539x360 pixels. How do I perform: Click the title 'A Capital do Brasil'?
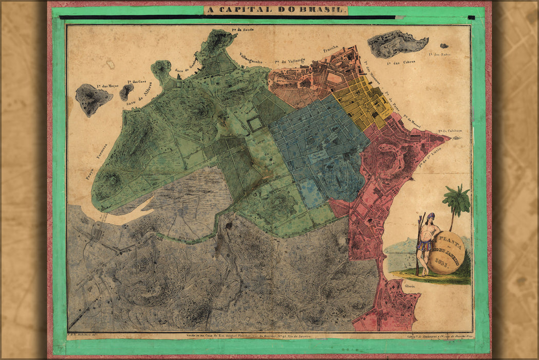pyautogui.click(x=276, y=10)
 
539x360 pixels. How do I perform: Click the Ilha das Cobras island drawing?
pyautogui.click(x=396, y=43)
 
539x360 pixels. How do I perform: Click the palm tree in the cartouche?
pyautogui.click(x=456, y=203)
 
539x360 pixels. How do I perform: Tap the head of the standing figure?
pyautogui.click(x=430, y=217)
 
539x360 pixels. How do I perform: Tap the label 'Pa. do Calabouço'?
pyautogui.click(x=450, y=131)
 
